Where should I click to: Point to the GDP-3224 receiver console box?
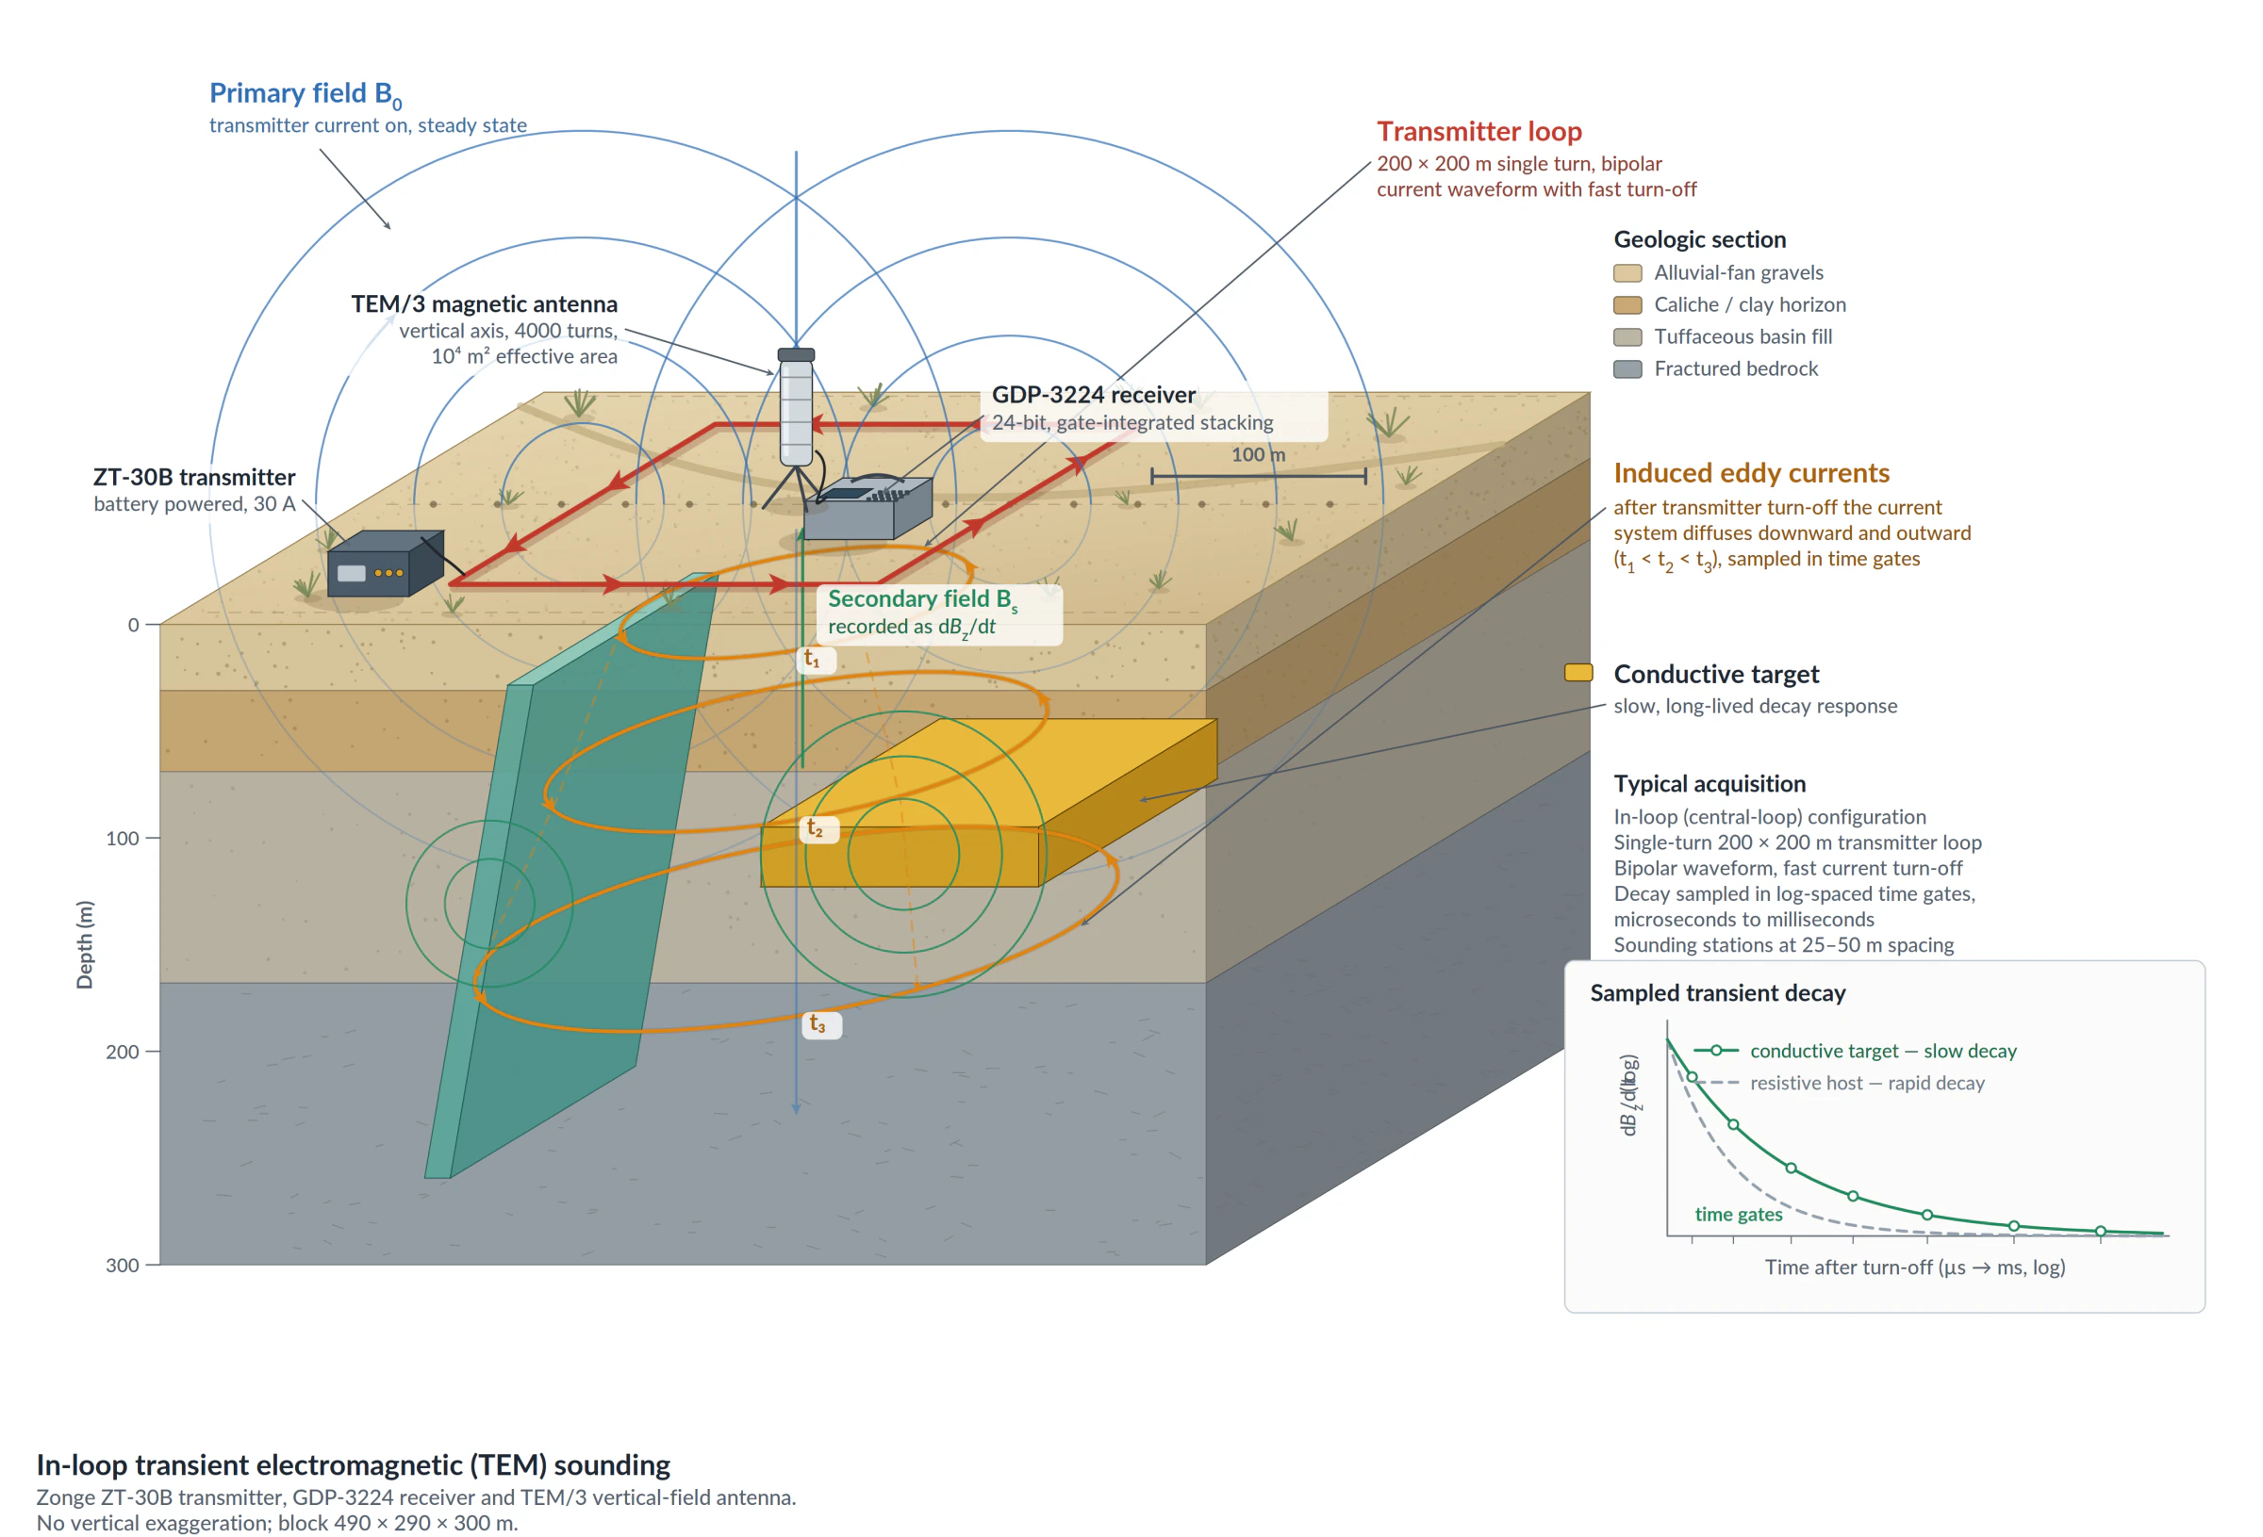[867, 508]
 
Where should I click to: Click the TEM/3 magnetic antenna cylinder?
[796, 407]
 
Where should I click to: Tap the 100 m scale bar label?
[1258, 454]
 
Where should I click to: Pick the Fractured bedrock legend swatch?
[1627, 368]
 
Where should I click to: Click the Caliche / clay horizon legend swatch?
[1627, 304]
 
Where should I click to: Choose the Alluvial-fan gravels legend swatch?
[1627, 272]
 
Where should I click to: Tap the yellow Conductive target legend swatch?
[1578, 673]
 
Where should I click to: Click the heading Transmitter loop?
[1479, 131]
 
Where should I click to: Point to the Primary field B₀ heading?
[305, 94]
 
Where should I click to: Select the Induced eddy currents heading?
[1751, 473]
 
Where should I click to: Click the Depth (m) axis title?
[85, 944]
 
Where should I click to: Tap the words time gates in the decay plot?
[1738, 1214]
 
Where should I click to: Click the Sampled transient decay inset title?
[1718, 993]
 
